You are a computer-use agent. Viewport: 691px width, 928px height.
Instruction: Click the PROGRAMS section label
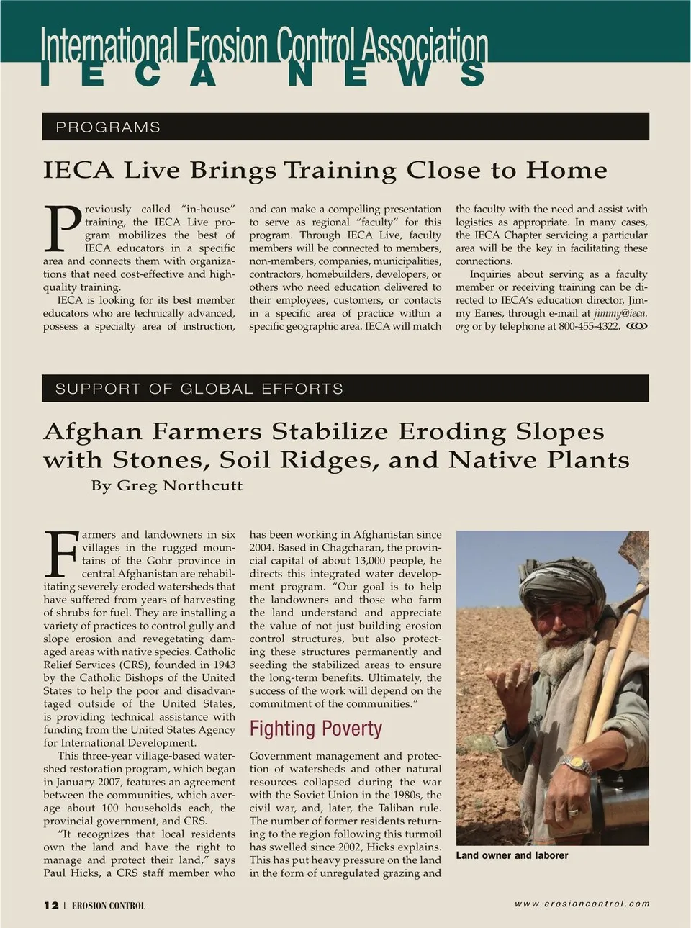(108, 127)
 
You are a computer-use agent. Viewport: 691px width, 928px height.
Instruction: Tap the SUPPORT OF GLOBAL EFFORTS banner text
(199, 389)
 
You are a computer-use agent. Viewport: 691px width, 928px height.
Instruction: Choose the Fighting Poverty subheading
(315, 729)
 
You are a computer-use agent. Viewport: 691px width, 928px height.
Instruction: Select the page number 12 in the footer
(51, 905)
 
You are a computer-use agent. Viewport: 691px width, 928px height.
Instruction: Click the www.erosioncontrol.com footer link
(582, 904)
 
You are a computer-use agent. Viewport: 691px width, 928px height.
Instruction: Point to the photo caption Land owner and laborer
(512, 855)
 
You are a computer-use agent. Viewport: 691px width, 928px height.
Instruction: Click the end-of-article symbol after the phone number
(637, 326)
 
